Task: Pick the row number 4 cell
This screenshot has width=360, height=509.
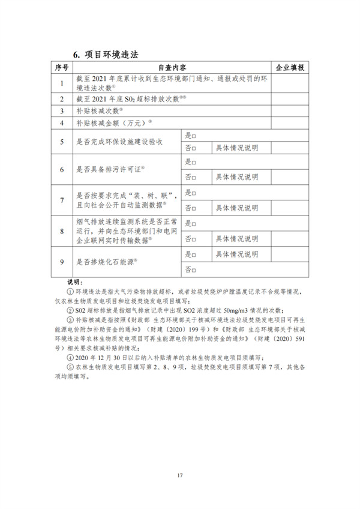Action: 62,123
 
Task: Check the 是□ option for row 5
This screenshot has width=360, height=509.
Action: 191,136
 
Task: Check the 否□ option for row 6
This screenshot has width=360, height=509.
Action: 191,177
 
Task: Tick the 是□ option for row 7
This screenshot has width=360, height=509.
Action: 191,193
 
